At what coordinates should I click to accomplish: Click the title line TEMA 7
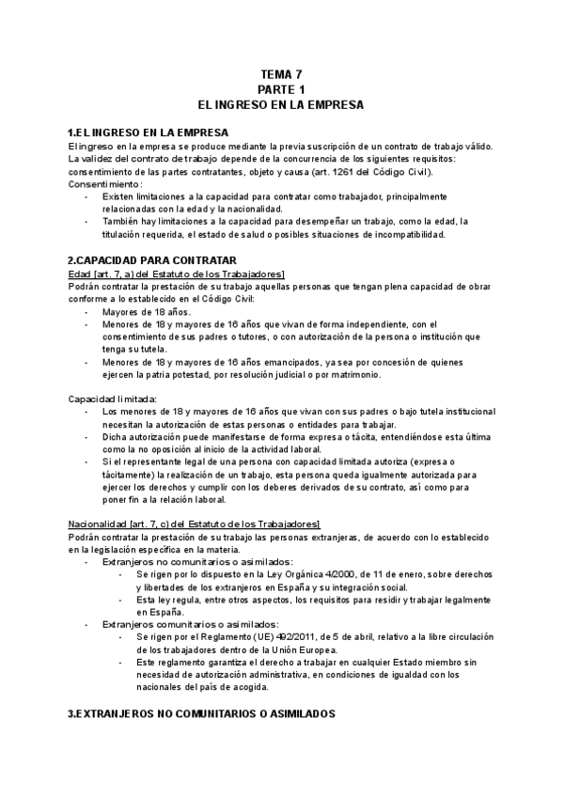(282, 73)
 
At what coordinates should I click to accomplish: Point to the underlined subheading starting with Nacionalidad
(195, 524)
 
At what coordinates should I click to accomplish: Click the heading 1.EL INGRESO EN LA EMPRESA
(148, 133)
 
